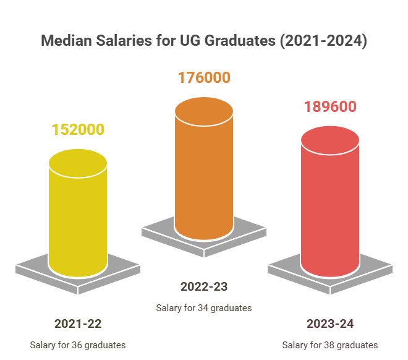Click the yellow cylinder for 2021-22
tap(78, 216)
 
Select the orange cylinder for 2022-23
tap(204, 173)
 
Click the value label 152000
tap(78, 130)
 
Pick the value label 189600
tap(330, 107)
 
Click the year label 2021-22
tap(78, 324)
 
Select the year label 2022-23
tap(204, 286)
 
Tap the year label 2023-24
tap(330, 324)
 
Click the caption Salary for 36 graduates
tap(78, 345)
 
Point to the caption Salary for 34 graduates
tap(204, 307)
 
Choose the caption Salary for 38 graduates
tap(330, 345)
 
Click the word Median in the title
tap(67, 41)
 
